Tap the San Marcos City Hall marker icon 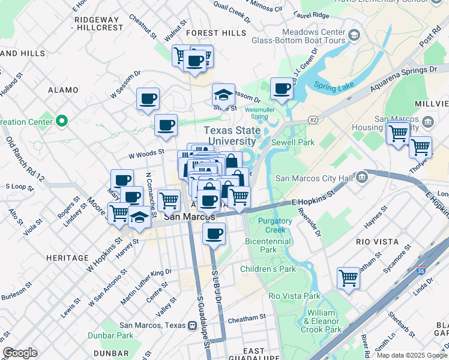[361, 178]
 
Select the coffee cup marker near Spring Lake [282, 89]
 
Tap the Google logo [20, 353]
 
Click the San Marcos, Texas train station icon [192, 326]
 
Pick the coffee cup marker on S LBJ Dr [214, 234]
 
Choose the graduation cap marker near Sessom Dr [223, 95]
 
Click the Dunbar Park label [110, 335]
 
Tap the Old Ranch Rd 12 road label [26, 158]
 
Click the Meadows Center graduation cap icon [354, 36]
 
